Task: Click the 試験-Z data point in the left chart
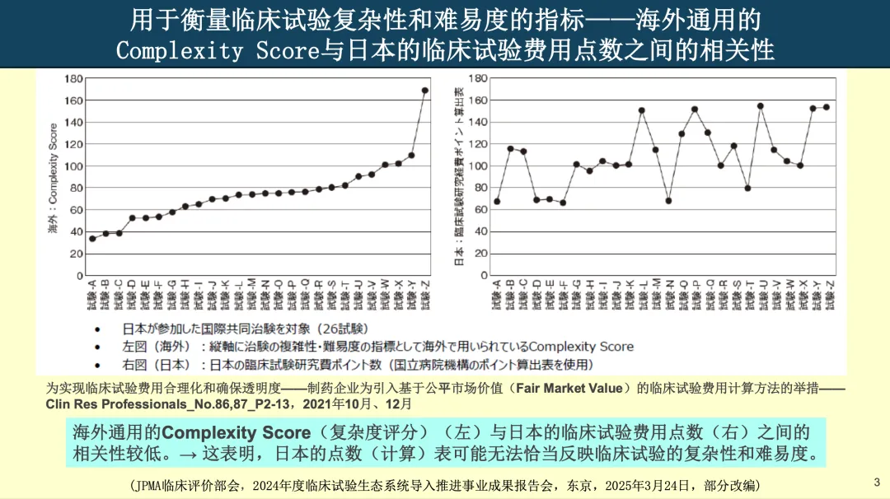tap(424, 91)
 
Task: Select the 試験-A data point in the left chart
tap(92, 239)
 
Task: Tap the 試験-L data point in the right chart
tap(641, 110)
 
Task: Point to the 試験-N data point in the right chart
tap(668, 201)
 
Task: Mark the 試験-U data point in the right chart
tap(760, 106)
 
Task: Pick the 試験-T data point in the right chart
tap(747, 188)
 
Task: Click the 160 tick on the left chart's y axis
tap(74, 100)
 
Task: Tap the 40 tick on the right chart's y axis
tap(477, 231)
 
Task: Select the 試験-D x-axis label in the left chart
tap(132, 296)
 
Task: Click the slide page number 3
tap(876, 482)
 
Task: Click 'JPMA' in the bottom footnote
tap(157, 485)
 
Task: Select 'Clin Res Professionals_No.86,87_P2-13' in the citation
tap(162, 404)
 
